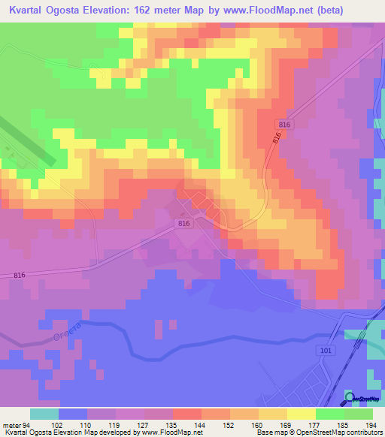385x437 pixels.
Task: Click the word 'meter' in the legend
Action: pos(13,424)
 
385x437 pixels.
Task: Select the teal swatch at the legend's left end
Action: pos(44,414)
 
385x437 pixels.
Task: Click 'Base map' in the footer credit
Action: pos(270,432)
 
